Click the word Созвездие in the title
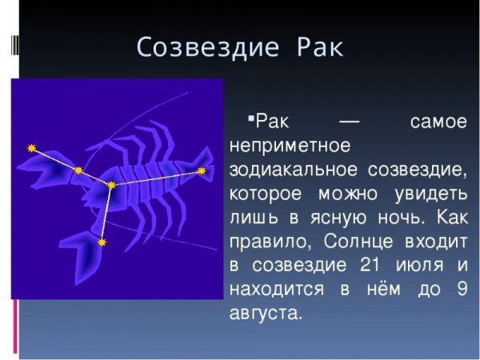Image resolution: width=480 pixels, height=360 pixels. click(x=205, y=46)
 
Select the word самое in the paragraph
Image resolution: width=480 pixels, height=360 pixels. click(x=437, y=124)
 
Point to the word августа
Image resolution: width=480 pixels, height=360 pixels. click(x=266, y=312)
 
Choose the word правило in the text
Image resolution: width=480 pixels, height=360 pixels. click(x=265, y=241)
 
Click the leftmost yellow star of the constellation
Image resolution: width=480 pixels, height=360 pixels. click(x=31, y=148)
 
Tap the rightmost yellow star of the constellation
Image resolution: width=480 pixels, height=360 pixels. click(x=202, y=170)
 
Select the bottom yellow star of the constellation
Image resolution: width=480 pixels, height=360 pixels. click(x=102, y=241)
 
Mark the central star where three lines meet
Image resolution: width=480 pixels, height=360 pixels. click(x=110, y=185)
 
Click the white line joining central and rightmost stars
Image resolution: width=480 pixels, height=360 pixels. click(x=156, y=178)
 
